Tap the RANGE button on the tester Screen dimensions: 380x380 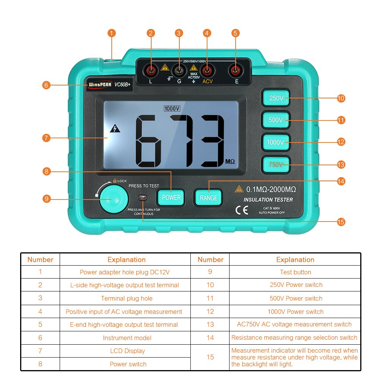(x=208, y=198)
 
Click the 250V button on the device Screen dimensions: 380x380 (x=276, y=98)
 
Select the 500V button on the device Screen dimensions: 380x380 (x=276, y=120)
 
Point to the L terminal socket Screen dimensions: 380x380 (x=151, y=71)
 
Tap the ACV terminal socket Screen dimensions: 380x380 (x=207, y=71)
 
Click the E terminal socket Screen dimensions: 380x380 (x=236, y=71)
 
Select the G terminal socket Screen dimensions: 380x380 (x=179, y=71)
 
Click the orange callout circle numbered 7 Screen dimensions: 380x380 (x=46, y=138)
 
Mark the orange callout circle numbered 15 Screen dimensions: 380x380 (x=341, y=222)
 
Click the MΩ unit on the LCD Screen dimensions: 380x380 (x=230, y=161)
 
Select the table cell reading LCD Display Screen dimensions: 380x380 (x=127, y=351)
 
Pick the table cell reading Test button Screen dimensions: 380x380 (x=295, y=272)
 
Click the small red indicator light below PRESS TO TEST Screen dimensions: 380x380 (x=143, y=198)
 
